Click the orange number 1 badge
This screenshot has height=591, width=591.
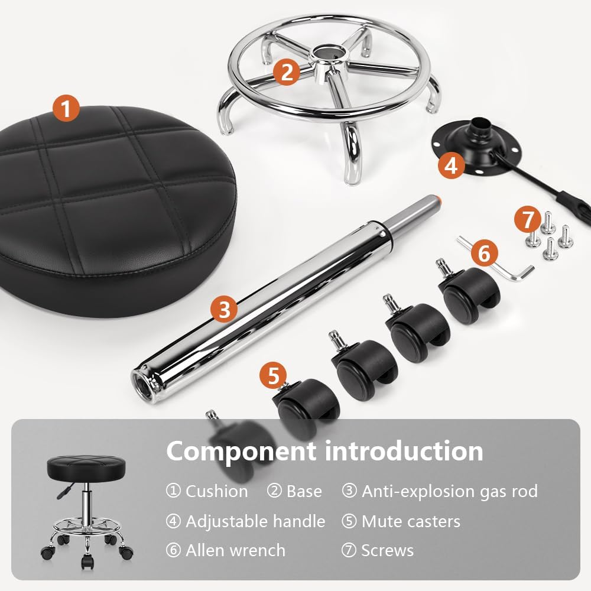click(x=66, y=109)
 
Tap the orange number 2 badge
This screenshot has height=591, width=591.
click(x=287, y=72)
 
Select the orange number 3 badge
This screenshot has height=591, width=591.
click(x=224, y=308)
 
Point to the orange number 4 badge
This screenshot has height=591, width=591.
click(x=452, y=165)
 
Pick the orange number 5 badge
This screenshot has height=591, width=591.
click(x=273, y=376)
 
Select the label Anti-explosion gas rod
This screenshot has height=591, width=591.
click(x=449, y=491)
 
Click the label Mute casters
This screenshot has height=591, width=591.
click(x=411, y=521)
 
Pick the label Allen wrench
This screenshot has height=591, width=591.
click(x=235, y=550)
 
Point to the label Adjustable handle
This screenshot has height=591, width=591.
click(x=255, y=521)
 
